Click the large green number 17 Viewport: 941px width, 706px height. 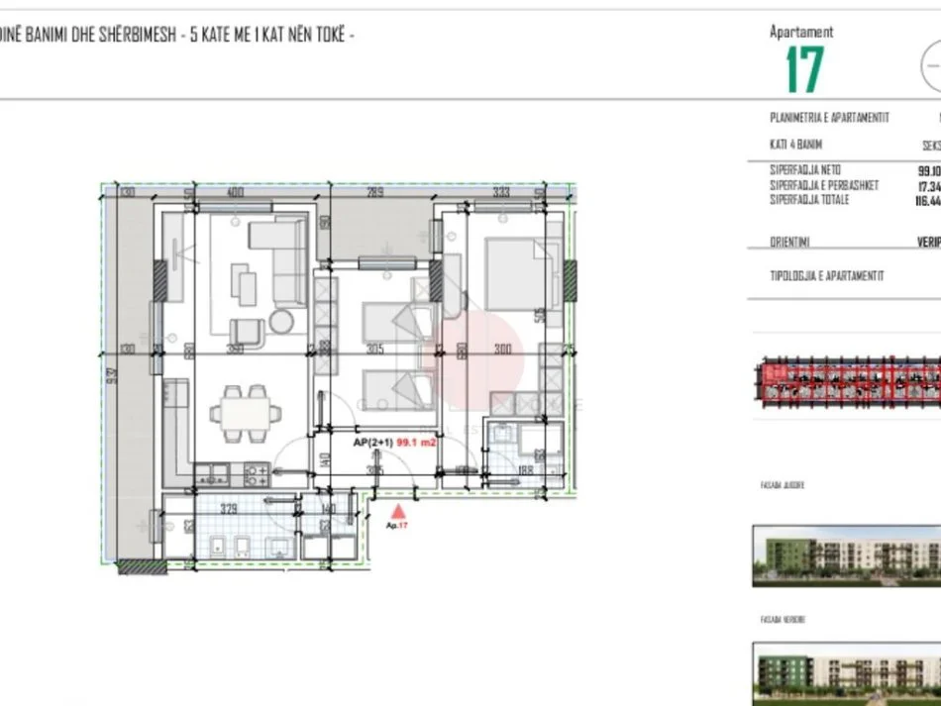(x=804, y=69)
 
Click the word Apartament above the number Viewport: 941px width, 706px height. (x=801, y=32)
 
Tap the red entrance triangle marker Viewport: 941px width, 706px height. (x=398, y=511)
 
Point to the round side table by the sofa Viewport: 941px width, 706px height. (x=282, y=321)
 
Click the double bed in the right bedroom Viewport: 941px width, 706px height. (x=515, y=274)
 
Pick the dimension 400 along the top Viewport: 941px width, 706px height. (x=235, y=192)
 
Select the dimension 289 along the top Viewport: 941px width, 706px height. (x=375, y=192)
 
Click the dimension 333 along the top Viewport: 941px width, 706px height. (x=501, y=192)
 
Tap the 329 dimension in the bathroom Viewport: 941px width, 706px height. (x=229, y=510)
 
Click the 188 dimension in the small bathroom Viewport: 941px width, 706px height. (x=525, y=469)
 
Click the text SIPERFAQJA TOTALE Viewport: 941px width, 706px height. (x=809, y=200)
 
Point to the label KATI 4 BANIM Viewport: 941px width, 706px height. (x=795, y=145)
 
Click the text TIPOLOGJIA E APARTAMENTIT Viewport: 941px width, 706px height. (x=826, y=276)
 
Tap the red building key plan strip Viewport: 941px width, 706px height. (x=847, y=382)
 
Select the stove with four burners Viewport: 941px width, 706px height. (x=256, y=473)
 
